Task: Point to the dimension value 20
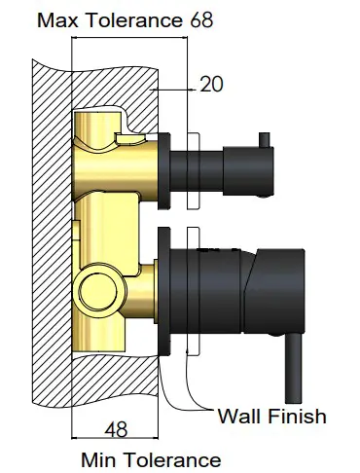[210, 85]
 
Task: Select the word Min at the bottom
[100, 457]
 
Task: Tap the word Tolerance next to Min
[172, 457]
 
